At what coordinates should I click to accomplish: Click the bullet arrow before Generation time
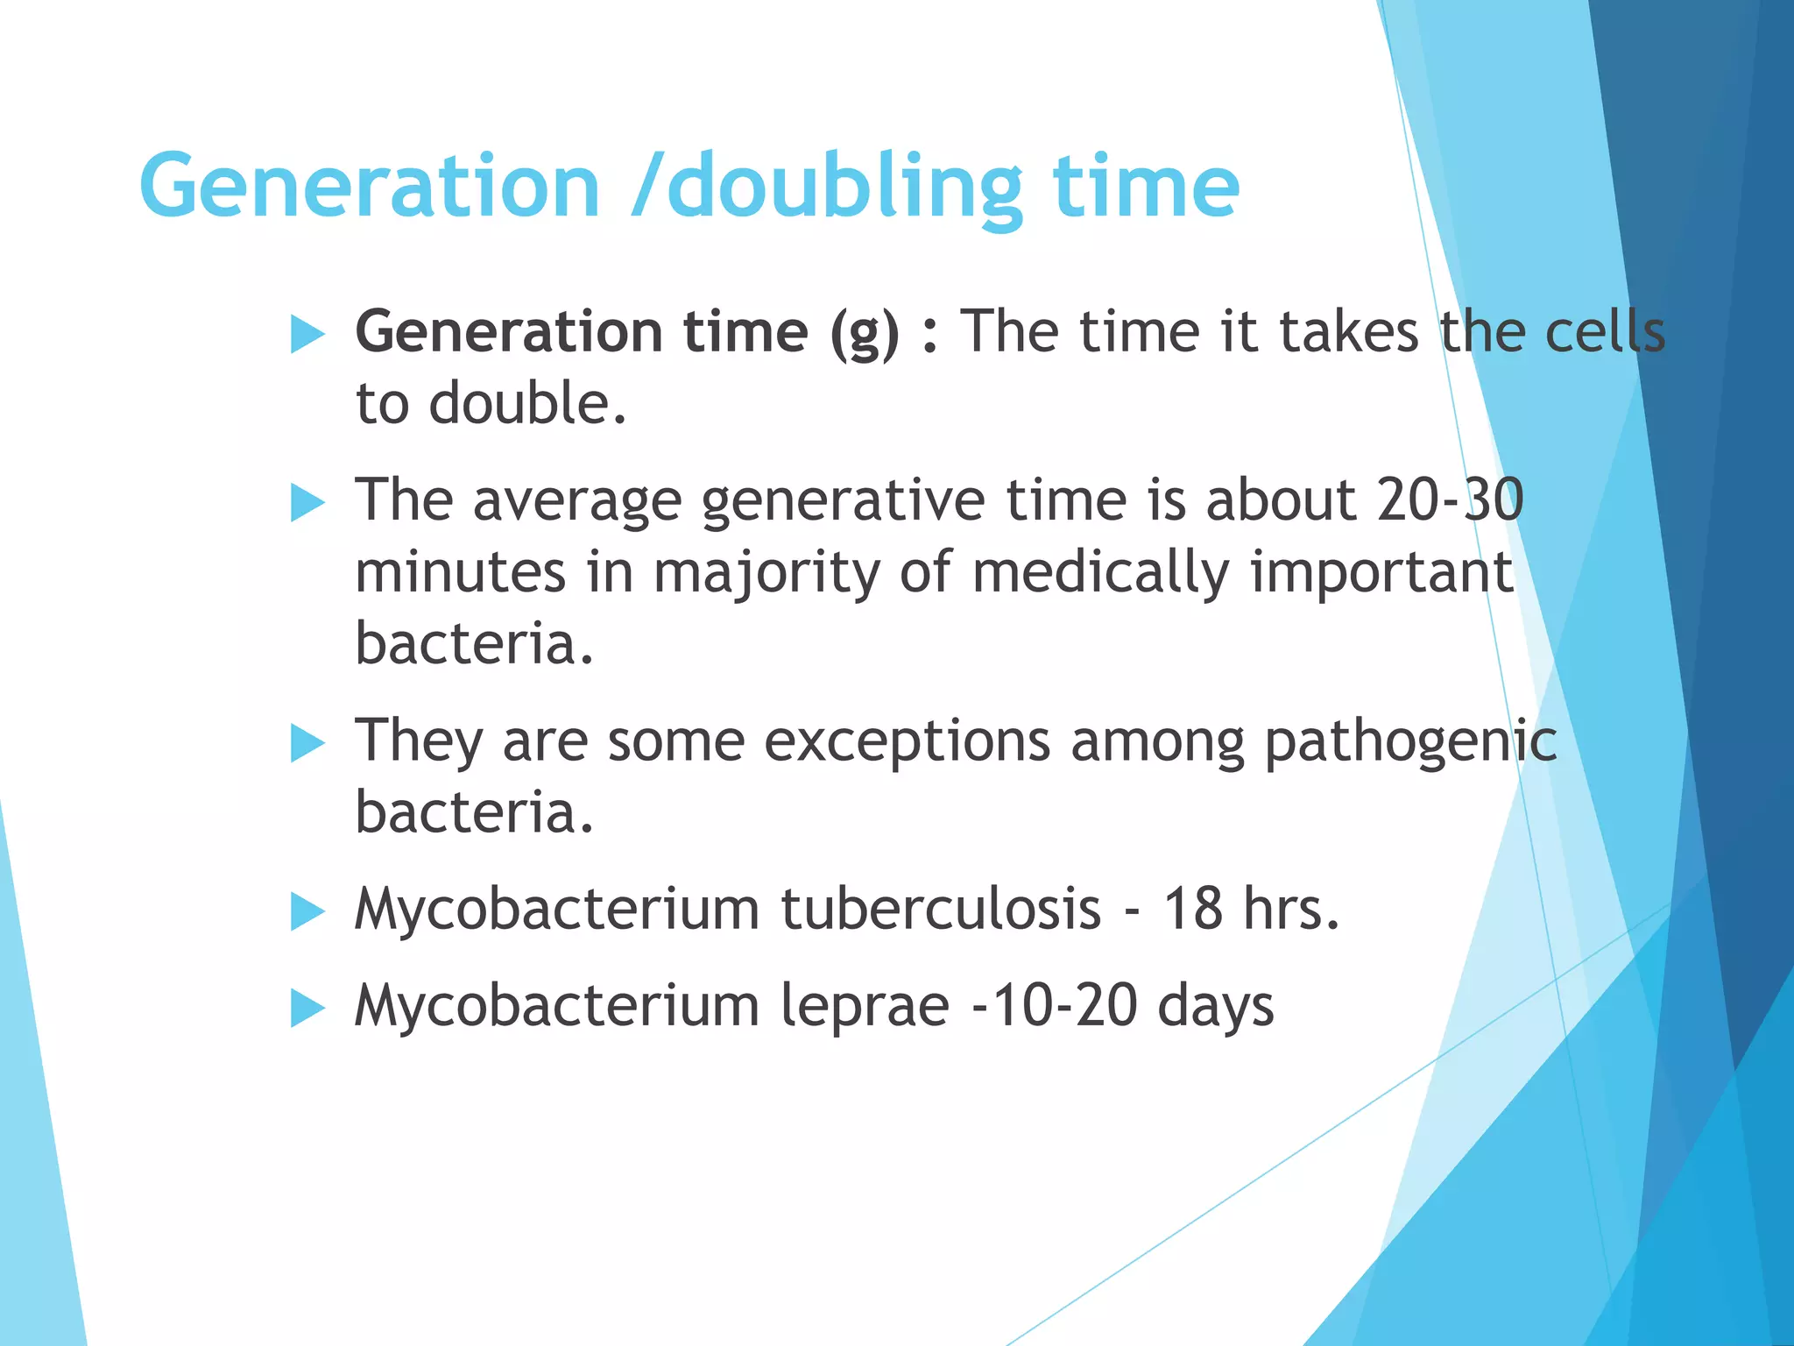307,335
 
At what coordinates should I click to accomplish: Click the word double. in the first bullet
527,404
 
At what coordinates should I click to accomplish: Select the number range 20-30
1450,500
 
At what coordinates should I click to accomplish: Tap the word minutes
461,572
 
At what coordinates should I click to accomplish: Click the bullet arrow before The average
307,503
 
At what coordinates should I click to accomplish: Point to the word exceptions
907,742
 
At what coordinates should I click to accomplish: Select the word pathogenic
1410,742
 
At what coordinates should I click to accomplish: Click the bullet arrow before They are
307,744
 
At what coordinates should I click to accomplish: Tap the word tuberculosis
941,909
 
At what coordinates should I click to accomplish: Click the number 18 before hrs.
1192,909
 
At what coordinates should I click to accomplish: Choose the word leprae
865,1006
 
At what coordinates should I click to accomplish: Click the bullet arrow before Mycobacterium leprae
307,1008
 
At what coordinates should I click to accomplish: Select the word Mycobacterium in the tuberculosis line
557,909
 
